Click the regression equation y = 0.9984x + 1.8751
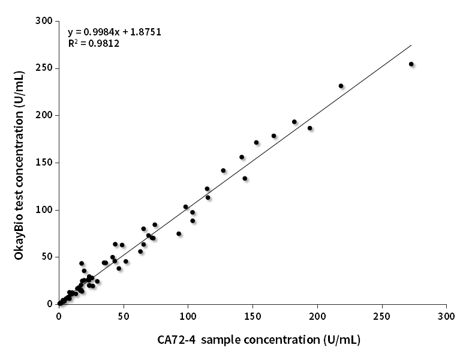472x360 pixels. (115, 32)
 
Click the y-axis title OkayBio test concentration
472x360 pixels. (20, 163)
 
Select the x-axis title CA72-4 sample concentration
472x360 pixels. (259, 340)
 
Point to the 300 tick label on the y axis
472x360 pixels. (43, 21)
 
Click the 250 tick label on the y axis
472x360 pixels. (43, 68)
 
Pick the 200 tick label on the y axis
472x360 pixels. (43, 115)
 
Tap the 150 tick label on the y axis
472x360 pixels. (43, 163)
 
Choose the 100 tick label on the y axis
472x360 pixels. (43, 210)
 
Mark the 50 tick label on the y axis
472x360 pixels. (46, 257)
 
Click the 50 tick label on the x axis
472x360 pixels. (124, 316)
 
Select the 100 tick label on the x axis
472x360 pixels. (188, 316)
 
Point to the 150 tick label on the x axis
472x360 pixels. (252, 316)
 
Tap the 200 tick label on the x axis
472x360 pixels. (317, 316)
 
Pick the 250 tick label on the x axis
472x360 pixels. (381, 316)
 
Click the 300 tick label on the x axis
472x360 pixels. (446, 316)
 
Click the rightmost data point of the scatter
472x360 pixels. (411, 64)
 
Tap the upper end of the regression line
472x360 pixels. (411, 45)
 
